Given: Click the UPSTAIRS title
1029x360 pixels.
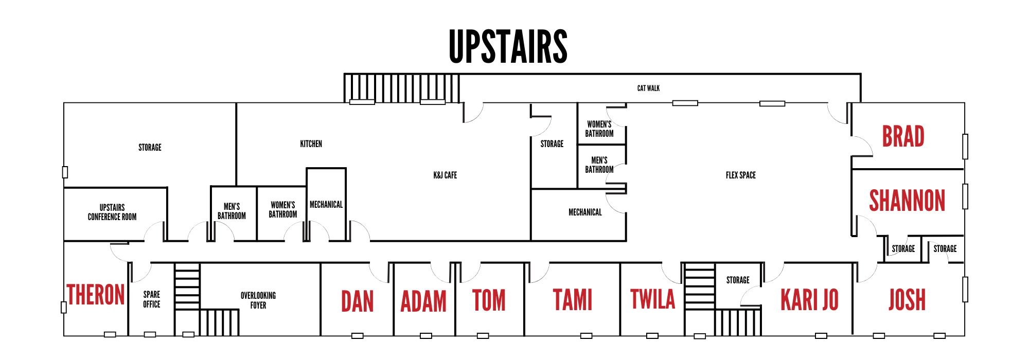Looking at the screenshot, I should (x=508, y=46).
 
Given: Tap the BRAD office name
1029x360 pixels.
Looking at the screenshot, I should (x=903, y=137).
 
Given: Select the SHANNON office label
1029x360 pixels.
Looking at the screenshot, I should (x=907, y=201).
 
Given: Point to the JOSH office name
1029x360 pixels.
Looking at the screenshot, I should (x=907, y=300).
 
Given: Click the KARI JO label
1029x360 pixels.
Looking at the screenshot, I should (x=809, y=300).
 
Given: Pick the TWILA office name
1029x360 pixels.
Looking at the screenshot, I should (x=652, y=299).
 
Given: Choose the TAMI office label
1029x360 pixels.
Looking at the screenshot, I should (x=572, y=300).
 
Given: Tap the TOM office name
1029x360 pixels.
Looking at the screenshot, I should (x=489, y=300).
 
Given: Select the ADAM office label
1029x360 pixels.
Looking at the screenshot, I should (x=423, y=301).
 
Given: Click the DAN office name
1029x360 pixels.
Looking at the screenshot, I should (x=357, y=301).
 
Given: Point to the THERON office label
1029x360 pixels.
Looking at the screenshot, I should (x=96, y=295).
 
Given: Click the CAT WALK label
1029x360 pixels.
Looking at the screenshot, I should (x=648, y=88).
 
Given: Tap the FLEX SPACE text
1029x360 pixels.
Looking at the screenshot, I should (x=740, y=175).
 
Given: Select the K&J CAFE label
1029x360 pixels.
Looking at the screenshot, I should (x=445, y=175).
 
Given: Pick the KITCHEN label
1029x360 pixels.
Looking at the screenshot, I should (x=311, y=144).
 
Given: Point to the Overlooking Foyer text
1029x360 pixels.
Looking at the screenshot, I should (x=258, y=300).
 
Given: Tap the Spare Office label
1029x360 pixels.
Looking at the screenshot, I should (x=151, y=299).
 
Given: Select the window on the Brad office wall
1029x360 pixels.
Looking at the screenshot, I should (x=965, y=147).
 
